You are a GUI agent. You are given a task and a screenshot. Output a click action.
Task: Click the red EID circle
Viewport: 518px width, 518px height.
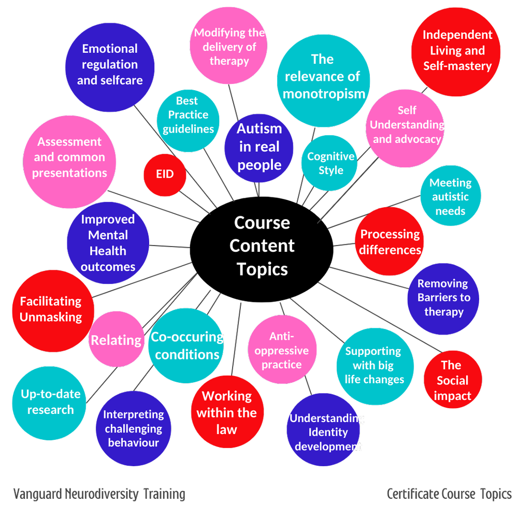click(165, 175)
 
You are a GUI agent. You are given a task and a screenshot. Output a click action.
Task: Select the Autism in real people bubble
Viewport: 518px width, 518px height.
click(260, 147)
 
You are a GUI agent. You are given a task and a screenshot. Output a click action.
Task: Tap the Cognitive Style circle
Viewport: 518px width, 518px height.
click(330, 163)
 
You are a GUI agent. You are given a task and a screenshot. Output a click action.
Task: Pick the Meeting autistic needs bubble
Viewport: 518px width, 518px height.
click(450, 197)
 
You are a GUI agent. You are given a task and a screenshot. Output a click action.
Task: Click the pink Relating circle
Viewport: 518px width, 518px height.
click(116, 340)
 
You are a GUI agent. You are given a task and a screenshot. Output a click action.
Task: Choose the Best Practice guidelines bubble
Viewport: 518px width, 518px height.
click(188, 115)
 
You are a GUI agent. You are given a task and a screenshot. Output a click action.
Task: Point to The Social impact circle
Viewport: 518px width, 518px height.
click(452, 381)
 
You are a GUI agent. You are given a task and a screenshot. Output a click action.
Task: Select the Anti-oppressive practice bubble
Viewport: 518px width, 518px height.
click(281, 351)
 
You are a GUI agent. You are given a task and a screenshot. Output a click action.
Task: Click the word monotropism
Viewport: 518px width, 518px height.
click(324, 94)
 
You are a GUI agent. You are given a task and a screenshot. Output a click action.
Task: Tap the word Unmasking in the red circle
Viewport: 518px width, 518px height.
click(51, 317)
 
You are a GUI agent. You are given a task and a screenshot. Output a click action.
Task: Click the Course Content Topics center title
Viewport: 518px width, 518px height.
click(262, 246)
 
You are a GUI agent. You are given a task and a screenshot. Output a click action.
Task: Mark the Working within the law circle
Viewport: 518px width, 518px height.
click(226, 412)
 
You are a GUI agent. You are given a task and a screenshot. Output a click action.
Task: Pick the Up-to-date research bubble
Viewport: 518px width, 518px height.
click(50, 402)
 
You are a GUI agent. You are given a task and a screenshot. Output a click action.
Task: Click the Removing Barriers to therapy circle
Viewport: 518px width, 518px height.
click(443, 298)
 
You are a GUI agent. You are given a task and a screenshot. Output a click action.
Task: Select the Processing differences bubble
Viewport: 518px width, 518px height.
click(390, 242)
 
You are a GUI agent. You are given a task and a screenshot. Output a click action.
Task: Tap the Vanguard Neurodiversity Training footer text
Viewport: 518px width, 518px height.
click(99, 494)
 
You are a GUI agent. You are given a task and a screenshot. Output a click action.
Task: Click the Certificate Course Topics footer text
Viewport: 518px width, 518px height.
click(449, 494)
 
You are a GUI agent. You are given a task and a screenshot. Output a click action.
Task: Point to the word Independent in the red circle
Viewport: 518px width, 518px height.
click(457, 35)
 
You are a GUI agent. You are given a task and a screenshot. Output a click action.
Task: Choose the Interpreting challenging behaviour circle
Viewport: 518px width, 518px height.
click(133, 428)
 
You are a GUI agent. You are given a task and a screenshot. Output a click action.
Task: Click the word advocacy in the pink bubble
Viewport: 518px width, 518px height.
click(407, 139)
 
